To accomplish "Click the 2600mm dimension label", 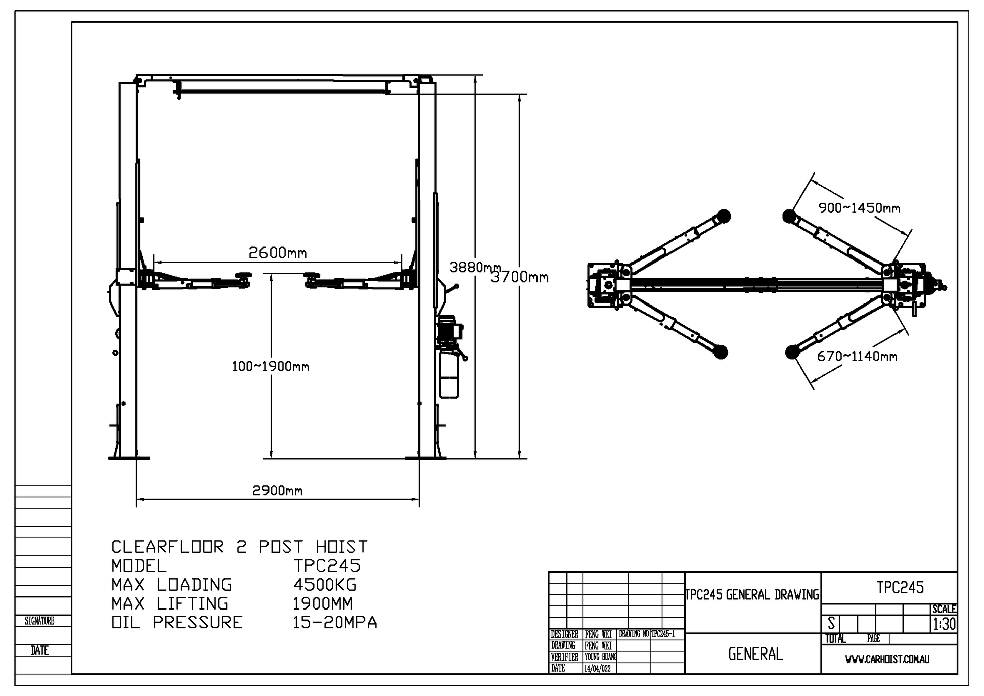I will (x=278, y=253).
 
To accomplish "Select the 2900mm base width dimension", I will (x=277, y=490).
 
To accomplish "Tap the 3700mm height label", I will (x=520, y=277).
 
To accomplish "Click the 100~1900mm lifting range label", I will (x=271, y=367).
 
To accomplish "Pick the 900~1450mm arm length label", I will (x=859, y=208).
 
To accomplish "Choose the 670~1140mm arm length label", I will (x=857, y=356).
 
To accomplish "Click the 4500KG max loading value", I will (x=325, y=585).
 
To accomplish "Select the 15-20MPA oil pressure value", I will (x=335, y=622).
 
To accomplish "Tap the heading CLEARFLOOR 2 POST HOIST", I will (x=239, y=547).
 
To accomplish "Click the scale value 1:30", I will (x=945, y=624).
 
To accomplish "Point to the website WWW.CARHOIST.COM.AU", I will (x=887, y=660).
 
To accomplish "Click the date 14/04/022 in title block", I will (x=597, y=669).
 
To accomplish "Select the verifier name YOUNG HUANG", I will (x=600, y=657).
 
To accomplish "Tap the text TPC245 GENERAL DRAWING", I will (x=752, y=595).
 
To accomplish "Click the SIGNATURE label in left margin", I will (x=39, y=621).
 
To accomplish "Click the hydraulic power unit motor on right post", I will (x=449, y=329).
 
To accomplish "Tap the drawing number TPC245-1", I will (x=663, y=634).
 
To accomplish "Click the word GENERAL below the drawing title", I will (x=755, y=654).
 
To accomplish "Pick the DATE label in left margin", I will (x=39, y=650).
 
